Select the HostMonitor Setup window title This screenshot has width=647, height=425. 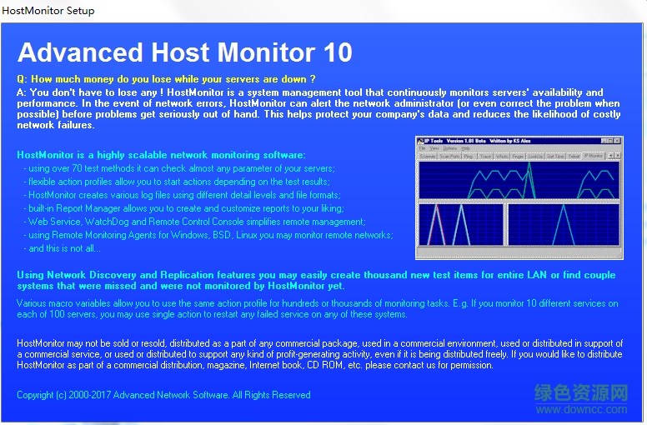pos(49,11)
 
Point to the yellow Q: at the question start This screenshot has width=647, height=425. pos(23,79)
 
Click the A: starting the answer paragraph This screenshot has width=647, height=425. pos(22,92)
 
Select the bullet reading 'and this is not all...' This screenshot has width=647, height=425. pos(65,248)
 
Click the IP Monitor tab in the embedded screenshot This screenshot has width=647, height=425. pos(593,156)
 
